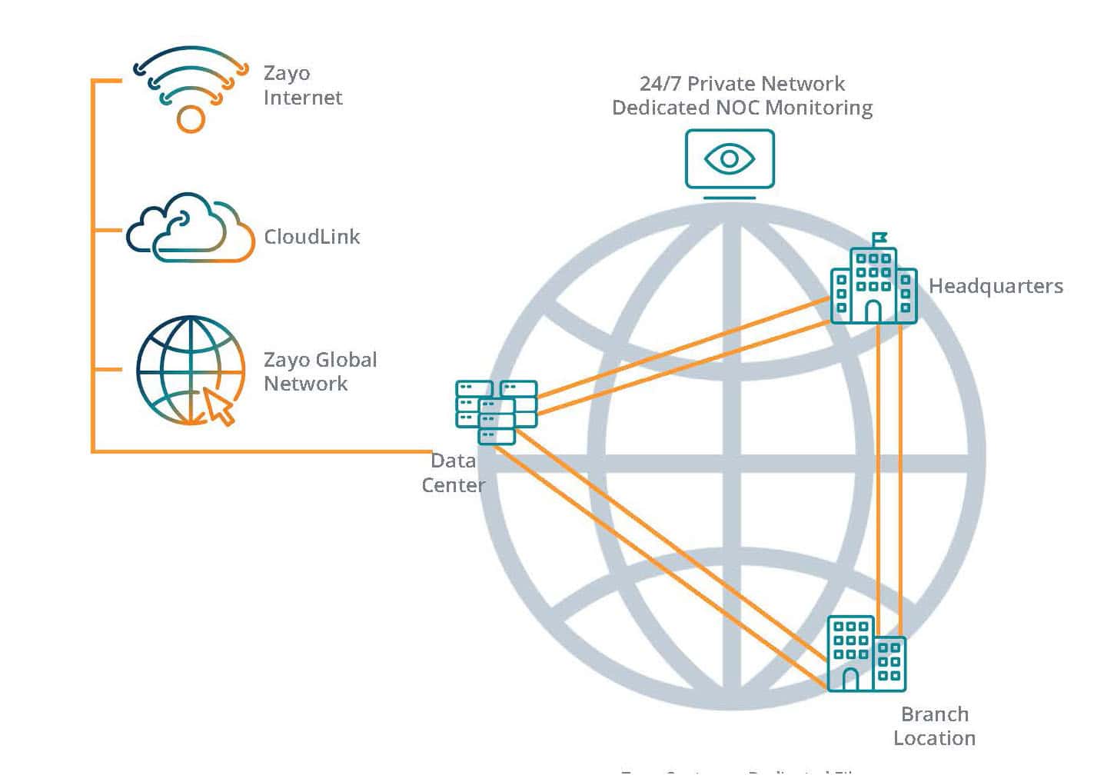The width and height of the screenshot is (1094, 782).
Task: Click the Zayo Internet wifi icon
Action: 191,88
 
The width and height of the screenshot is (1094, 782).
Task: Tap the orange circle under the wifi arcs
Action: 191,119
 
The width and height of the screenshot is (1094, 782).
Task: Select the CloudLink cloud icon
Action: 191,228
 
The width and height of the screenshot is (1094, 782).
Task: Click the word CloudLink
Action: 311,237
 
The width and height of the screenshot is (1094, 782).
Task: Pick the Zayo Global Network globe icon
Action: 190,370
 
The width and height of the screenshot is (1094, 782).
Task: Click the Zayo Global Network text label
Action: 320,371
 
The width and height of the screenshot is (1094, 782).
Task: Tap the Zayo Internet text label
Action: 302,85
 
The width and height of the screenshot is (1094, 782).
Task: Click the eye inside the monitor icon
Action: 729,159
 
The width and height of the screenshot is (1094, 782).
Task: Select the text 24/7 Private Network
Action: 742,83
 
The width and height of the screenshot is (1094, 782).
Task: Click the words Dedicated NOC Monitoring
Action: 742,108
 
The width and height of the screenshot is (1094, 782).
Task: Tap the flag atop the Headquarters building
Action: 880,238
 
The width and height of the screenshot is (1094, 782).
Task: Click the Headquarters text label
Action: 996,286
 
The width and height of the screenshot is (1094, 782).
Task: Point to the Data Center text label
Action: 454,473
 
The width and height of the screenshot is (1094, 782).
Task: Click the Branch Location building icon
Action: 866,654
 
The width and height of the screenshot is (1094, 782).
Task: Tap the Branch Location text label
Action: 934,726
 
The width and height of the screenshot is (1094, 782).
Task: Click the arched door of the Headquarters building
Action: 873,311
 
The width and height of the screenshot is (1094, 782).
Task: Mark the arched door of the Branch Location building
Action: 850,679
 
